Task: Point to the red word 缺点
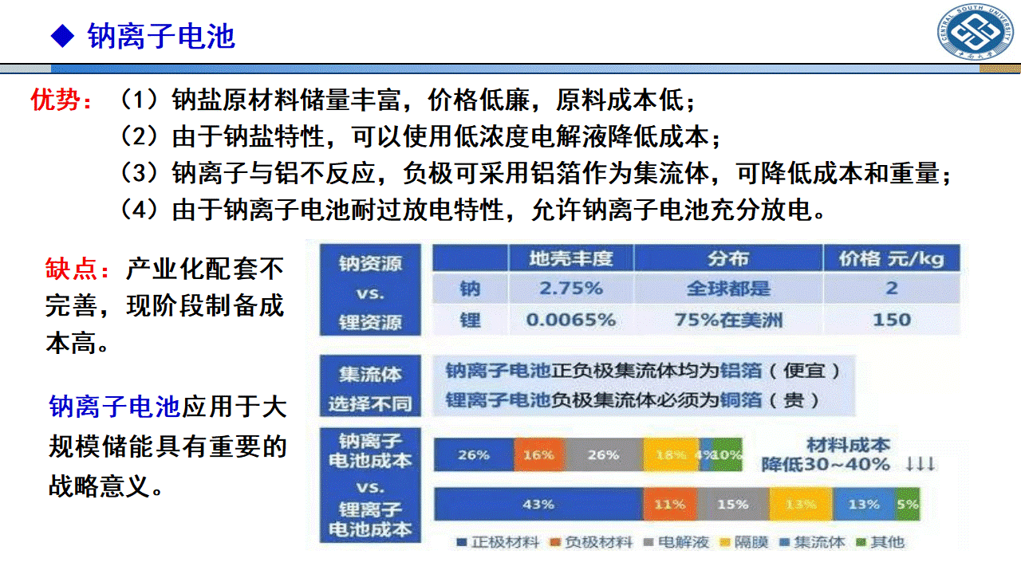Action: click(77, 269)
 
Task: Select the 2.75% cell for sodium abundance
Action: click(571, 288)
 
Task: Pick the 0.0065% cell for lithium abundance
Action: click(571, 320)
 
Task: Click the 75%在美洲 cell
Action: click(727, 320)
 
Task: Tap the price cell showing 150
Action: click(891, 320)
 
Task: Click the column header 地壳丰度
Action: click(571, 258)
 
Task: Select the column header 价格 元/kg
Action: click(891, 258)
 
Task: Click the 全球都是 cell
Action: click(727, 288)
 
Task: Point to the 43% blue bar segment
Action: click(538, 504)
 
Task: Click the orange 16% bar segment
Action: click(538, 454)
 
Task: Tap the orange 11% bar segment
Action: click(669, 504)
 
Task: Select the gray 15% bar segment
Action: click(732, 504)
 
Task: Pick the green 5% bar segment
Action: click(908, 504)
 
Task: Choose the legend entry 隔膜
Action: click(744, 542)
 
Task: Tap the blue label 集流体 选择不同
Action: click(369, 388)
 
